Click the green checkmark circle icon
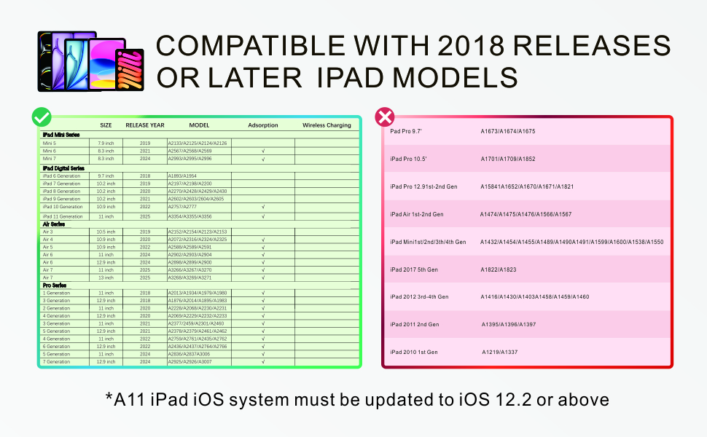coord(42,117)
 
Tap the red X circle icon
coord(384,117)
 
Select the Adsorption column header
coord(262,125)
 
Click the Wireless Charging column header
coord(327,125)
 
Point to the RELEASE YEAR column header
coord(145,125)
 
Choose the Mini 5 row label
coord(50,143)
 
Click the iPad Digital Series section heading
coord(63,168)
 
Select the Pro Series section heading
coord(56,285)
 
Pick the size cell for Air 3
coord(106,232)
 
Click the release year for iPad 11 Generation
coord(145,216)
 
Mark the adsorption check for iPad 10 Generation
coord(262,207)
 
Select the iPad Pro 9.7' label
coord(407,131)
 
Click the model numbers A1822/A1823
coord(499,269)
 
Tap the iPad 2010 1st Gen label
coord(414,352)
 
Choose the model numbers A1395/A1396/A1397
coord(509,324)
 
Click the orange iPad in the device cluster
coord(130,71)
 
